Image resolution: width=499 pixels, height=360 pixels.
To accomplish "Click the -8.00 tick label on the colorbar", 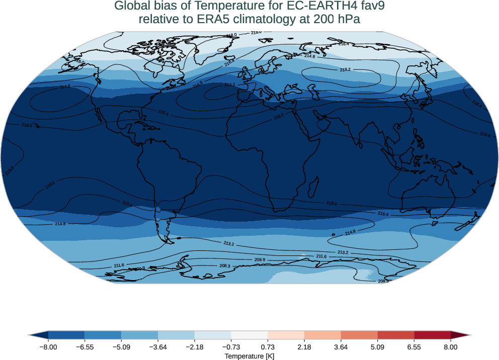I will click(x=48, y=347).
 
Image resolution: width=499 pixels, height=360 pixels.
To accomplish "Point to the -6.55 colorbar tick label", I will click(x=85, y=347).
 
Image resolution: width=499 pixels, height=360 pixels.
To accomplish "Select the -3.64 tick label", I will click(x=158, y=347).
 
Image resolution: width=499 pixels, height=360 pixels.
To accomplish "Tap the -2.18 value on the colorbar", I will click(x=195, y=347).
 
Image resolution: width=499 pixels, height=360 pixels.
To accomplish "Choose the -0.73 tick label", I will click(x=231, y=347).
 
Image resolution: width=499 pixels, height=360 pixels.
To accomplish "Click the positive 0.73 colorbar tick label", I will click(x=268, y=347).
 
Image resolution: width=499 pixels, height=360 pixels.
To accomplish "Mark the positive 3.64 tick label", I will click(x=341, y=347).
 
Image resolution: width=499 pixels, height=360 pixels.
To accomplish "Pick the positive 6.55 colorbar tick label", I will click(x=414, y=347).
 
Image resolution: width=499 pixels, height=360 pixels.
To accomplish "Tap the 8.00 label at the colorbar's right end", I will click(x=451, y=347).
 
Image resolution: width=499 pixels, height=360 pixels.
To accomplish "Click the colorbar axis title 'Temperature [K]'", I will click(x=249, y=356).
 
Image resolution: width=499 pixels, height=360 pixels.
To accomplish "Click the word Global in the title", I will click(x=132, y=7).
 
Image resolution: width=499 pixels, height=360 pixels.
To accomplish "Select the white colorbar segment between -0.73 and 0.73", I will click(x=249, y=335).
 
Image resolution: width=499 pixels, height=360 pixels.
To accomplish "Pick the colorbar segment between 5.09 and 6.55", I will click(x=396, y=335).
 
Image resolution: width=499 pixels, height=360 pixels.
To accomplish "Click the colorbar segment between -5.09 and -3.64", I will click(x=139, y=335).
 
